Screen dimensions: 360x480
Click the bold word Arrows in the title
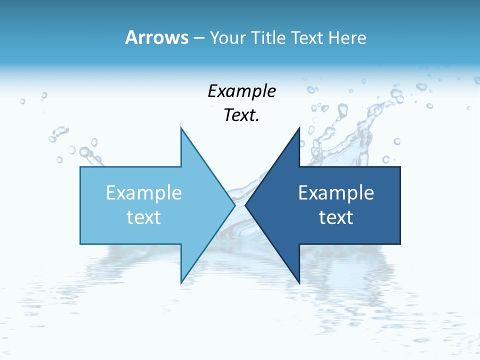coord(156,37)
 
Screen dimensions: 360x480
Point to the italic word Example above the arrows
coord(241,91)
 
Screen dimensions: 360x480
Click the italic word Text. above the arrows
coord(241,115)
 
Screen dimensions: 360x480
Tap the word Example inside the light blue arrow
coord(144,193)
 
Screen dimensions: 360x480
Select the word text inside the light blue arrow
coord(144,217)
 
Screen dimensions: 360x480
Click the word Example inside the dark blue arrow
coord(336,193)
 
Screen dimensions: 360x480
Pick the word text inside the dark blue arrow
coord(336,217)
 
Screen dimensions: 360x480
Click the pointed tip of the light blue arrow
coord(234,205)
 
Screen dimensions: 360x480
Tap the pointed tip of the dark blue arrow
coord(245,205)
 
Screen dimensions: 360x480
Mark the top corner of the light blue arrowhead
coord(181,128)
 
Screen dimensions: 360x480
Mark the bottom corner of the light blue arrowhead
coord(181,282)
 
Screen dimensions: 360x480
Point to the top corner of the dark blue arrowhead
coord(299,128)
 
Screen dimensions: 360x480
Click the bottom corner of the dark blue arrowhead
coord(299,282)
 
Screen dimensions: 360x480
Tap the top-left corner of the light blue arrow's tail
coord(80,167)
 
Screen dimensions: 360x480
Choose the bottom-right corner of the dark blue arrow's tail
coord(400,243)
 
